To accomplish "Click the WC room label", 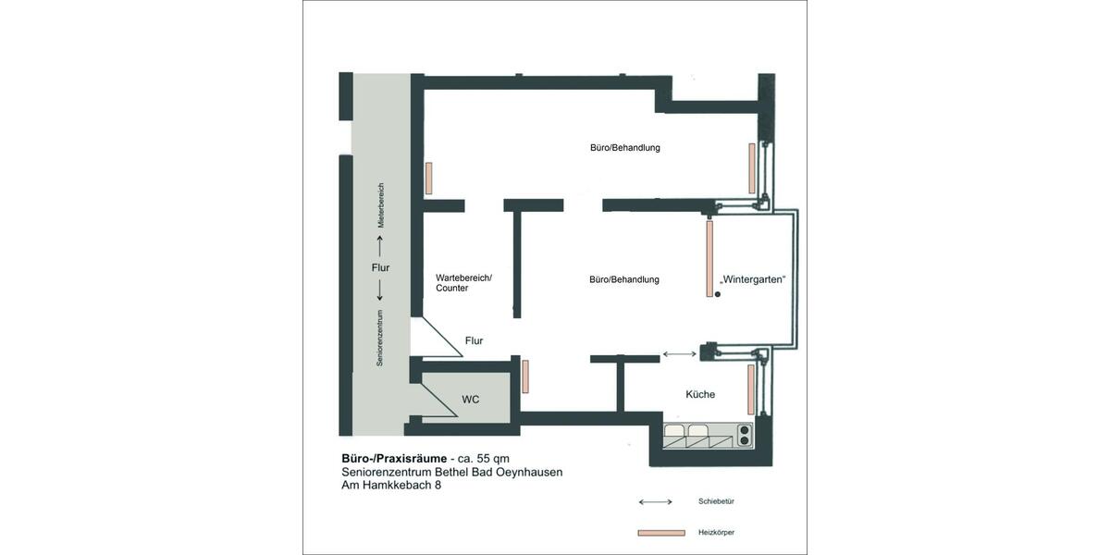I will (x=472, y=400).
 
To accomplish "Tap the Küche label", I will (x=699, y=394).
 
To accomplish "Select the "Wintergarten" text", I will (x=754, y=279).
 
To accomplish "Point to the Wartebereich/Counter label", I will (x=463, y=282).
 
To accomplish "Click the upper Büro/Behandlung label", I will (x=624, y=147).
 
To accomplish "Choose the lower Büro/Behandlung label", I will (x=623, y=279).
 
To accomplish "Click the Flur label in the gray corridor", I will (x=380, y=268).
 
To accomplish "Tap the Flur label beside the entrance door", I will (x=474, y=341).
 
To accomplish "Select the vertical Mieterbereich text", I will (x=380, y=205).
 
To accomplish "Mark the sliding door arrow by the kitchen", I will (x=681, y=353).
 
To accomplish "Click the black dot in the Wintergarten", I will (x=717, y=294).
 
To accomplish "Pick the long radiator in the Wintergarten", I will (x=709, y=259).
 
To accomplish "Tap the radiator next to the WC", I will (x=525, y=376).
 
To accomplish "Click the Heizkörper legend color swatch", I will (x=660, y=533).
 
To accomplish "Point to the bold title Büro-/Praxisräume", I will (x=393, y=458).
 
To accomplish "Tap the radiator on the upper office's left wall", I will (x=429, y=178).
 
